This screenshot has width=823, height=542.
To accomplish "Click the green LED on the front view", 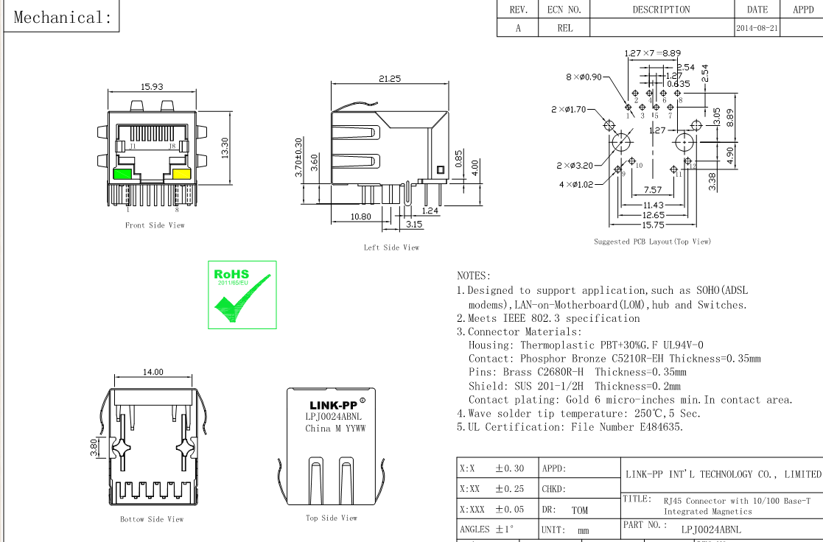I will coord(122,174).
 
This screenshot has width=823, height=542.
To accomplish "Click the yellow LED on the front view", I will coord(181,174).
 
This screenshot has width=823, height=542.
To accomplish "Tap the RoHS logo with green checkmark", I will coord(242,294).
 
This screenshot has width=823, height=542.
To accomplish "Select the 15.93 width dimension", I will coord(152,87).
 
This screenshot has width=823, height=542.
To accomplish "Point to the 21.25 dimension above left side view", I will coord(389,79).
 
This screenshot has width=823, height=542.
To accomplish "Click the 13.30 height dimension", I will coord(225,147).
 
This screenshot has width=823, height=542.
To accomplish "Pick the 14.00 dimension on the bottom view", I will coord(153,373).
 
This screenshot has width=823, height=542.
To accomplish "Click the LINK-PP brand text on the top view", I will coord(333,405).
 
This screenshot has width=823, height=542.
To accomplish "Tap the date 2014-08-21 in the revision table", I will coord(757,28).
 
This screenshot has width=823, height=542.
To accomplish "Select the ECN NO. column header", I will coord(564,10).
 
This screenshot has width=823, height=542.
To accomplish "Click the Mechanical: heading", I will coord(63,17).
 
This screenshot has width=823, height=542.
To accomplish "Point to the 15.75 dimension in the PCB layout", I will coord(653,225).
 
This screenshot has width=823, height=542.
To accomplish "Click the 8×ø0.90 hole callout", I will coord(584,77).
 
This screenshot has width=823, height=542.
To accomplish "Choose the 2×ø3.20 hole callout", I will coord(574,165).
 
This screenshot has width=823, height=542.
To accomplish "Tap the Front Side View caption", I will coord(155,225).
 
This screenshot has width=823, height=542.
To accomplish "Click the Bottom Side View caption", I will coord(152,519).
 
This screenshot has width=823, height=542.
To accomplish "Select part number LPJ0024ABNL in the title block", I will coord(711,529).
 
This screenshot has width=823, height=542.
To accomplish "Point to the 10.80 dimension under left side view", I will coord(360,217).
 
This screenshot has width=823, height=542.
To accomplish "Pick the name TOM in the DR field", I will coord(579,510).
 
